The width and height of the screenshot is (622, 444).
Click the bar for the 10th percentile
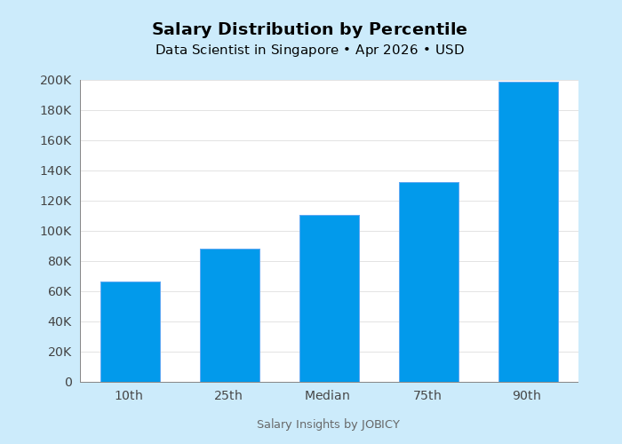point(130,331)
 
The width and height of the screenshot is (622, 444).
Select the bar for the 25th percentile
point(229,315)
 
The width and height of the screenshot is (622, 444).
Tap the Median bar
point(329,298)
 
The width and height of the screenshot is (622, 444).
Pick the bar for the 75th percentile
point(428,281)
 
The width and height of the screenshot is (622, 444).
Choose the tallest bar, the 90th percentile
point(528,231)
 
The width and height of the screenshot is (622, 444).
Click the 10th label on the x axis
point(129,396)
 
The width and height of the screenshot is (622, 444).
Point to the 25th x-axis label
point(228,396)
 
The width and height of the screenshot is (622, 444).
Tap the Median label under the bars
point(328,396)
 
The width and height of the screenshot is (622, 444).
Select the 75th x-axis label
point(427,396)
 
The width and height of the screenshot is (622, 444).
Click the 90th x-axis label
point(527,396)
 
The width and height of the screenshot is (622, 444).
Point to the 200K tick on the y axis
point(56,80)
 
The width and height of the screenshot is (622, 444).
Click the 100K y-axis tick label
point(56,231)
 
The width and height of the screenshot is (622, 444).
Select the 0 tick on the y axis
point(68,382)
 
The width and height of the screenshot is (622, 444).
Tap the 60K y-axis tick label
point(59,291)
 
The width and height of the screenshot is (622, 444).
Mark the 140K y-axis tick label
point(56,170)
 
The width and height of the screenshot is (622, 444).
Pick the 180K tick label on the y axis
point(56,110)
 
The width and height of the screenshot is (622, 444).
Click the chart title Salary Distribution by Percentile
point(309,29)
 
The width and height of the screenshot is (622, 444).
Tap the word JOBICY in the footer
point(380,424)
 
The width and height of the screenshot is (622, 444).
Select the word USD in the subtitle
point(449,51)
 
